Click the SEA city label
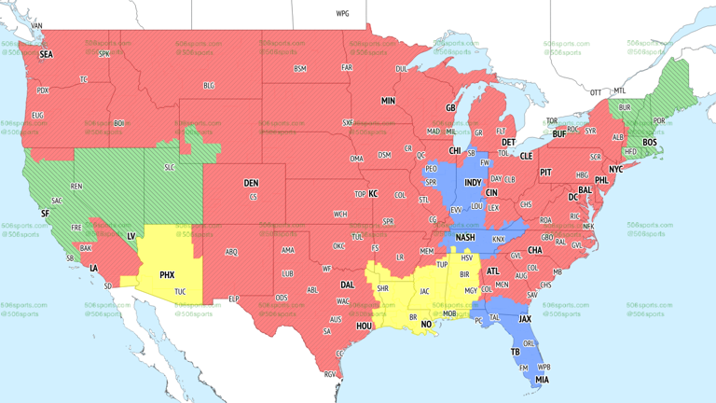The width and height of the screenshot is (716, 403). tap(46, 55)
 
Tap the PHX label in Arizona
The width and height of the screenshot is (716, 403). tap(167, 275)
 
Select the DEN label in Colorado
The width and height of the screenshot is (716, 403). tap(251, 183)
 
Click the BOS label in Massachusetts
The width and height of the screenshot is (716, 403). tap(650, 143)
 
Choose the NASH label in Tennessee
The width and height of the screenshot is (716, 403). tap(465, 238)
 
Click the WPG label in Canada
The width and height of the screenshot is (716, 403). tap(342, 14)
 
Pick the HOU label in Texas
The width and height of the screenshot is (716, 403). tap(365, 327)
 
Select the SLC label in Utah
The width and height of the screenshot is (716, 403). tap(169, 167)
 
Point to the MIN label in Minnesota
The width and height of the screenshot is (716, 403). tap(388, 101)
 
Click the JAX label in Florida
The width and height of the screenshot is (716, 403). tap(525, 318)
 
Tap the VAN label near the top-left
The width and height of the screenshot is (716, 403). tap(37, 25)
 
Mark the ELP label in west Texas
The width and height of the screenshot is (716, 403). tap(234, 299)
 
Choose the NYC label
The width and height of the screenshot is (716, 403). tap(615, 170)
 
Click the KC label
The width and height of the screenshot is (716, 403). tap(373, 194)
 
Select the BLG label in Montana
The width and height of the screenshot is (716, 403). tap(209, 86)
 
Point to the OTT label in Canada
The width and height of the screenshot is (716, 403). tap(595, 92)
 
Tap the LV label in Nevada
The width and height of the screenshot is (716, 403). tap(131, 237)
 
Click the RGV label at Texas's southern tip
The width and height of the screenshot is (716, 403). tap(330, 374)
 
